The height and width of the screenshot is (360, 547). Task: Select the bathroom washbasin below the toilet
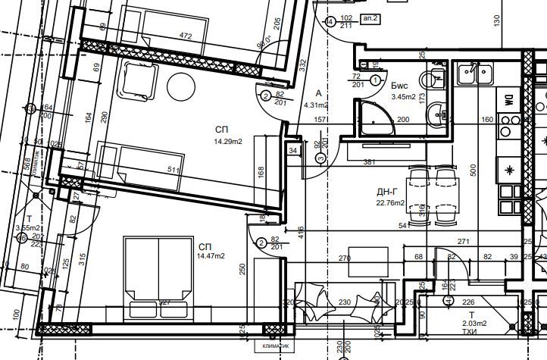coord(436,116)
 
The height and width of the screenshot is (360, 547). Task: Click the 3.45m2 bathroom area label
coord(403,96)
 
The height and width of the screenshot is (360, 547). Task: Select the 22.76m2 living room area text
coord(391,202)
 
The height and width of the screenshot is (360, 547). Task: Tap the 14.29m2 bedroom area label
coord(227,142)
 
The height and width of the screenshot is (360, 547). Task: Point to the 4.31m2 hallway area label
coord(316,105)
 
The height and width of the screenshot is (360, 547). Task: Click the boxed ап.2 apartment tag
coord(371,19)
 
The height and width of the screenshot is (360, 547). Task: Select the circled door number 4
coord(330,22)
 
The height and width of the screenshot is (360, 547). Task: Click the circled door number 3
coord(320,158)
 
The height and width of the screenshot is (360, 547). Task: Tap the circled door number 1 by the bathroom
coord(377,80)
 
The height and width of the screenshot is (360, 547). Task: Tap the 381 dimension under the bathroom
coord(370,162)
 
